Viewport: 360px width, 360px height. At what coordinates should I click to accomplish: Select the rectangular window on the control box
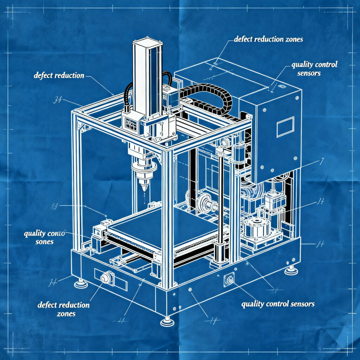(x=285, y=127)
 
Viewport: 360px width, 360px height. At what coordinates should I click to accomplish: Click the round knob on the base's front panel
(x=105, y=278)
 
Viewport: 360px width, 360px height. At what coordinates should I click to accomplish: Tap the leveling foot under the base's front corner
(x=167, y=321)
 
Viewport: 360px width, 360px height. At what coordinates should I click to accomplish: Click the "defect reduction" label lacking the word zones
(x=59, y=76)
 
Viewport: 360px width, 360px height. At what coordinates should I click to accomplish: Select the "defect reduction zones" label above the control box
(x=268, y=39)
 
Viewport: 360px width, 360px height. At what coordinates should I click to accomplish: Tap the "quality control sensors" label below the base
(x=278, y=304)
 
